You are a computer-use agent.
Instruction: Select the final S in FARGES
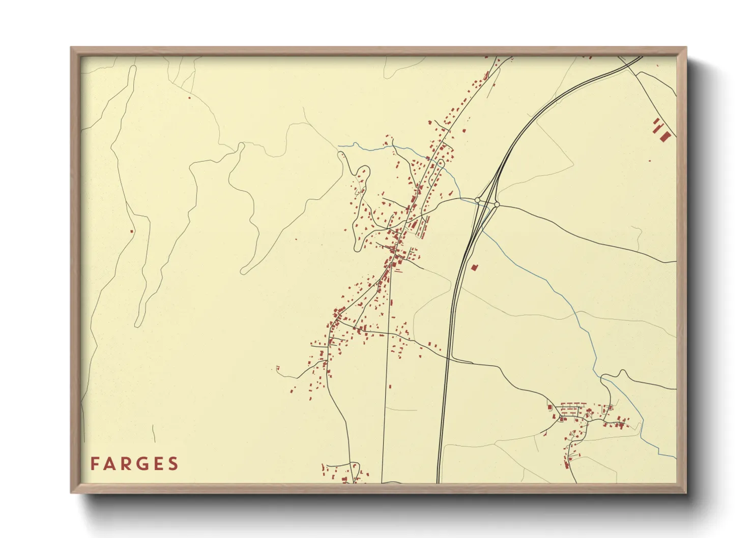(173, 464)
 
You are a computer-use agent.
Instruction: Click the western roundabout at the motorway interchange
(478, 200)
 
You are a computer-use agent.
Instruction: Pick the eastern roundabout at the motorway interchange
(497, 204)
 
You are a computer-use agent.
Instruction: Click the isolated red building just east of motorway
(475, 266)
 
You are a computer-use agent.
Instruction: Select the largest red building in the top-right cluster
(665, 137)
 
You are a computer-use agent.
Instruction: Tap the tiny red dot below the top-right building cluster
(649, 161)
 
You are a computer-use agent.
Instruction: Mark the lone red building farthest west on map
(132, 231)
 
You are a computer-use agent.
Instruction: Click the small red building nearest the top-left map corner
(189, 98)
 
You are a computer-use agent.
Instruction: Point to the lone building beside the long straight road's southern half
(390, 386)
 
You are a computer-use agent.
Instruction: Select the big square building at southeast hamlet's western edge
(550, 406)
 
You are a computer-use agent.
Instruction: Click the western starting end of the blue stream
(339, 146)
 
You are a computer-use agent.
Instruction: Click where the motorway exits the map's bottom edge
(438, 482)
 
